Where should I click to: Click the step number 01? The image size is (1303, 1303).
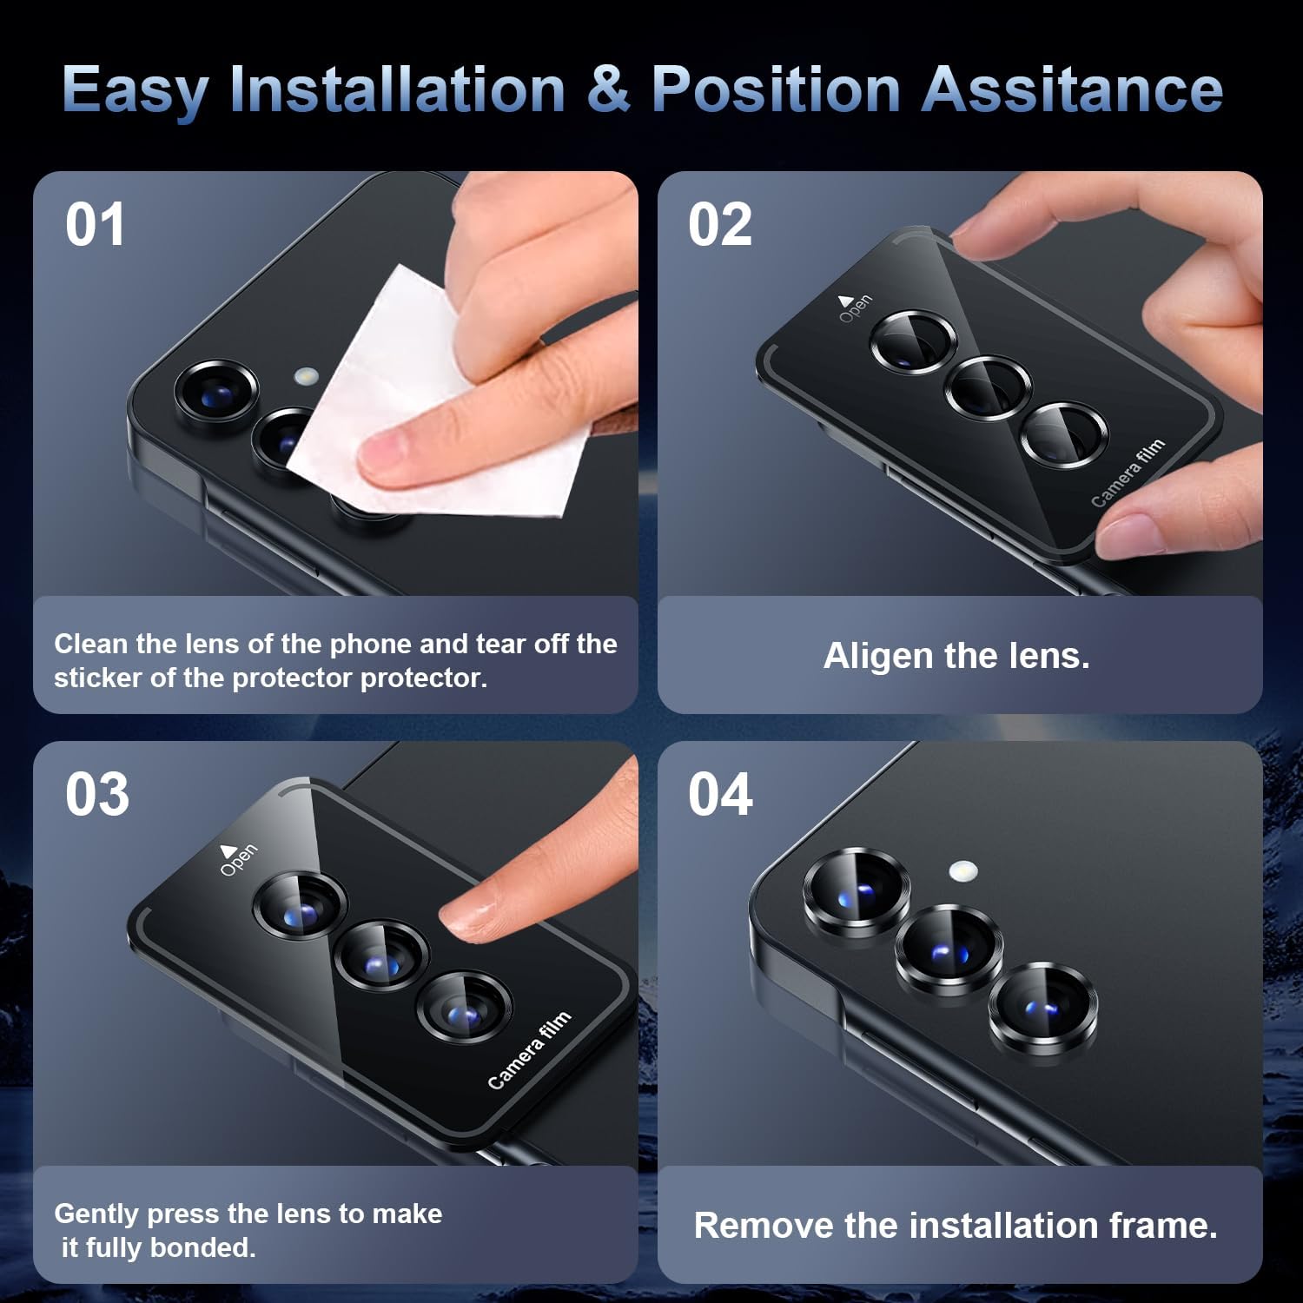96,225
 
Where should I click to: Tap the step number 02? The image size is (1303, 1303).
720,225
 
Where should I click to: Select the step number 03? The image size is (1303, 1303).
97,795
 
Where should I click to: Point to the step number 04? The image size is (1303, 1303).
720,795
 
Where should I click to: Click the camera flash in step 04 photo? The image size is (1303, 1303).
962,870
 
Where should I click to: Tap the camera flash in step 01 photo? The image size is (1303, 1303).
306,377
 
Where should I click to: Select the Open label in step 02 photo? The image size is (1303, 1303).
854,308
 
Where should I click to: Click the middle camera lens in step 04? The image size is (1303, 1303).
949,950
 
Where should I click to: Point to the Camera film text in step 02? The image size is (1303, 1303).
1128,473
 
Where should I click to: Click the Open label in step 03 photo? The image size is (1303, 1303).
236,858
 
